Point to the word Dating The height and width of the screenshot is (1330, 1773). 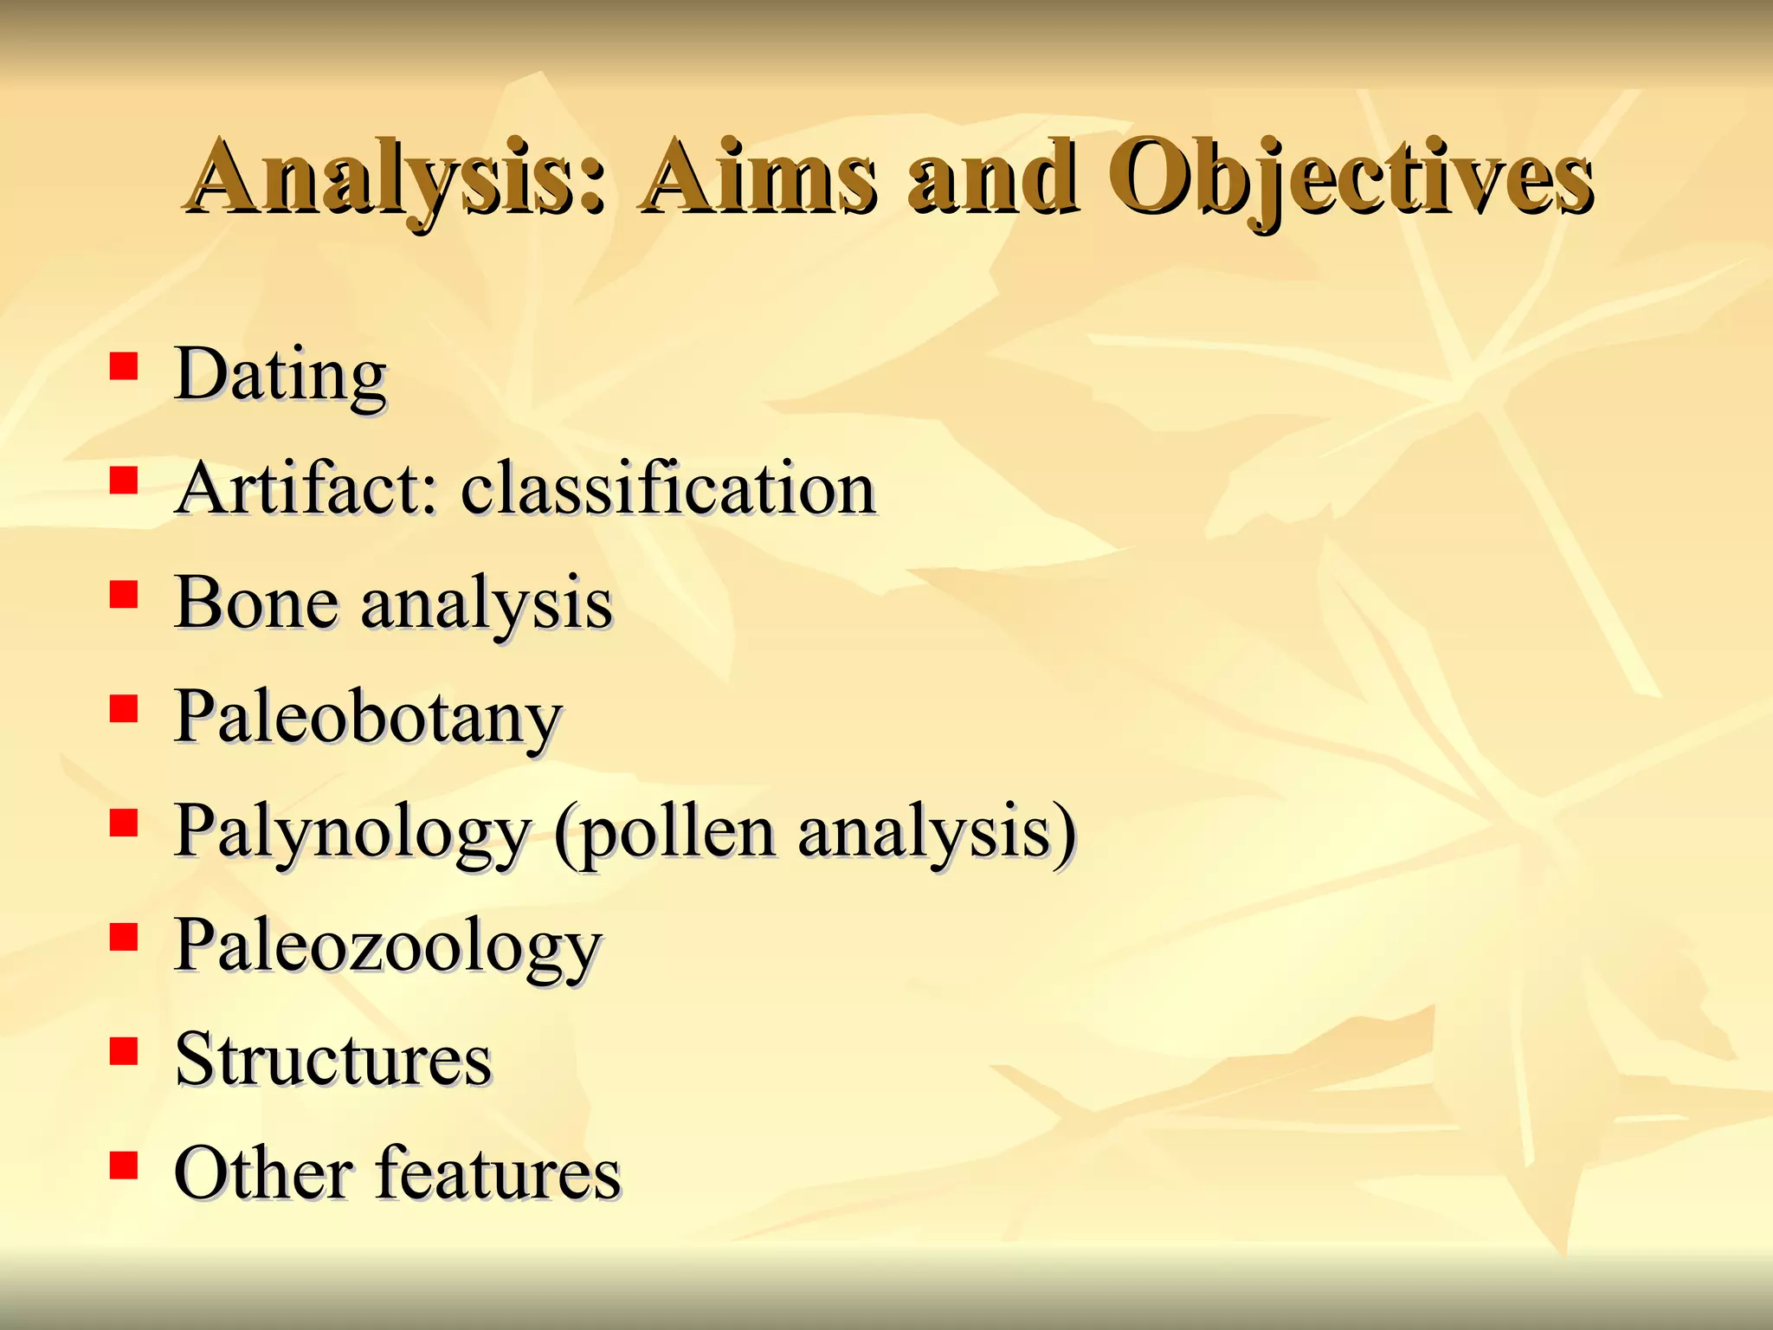click(x=280, y=375)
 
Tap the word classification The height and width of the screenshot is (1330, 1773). click(x=667, y=488)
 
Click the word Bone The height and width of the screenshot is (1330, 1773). click(x=255, y=603)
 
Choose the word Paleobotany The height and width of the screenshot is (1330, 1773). click(x=368, y=719)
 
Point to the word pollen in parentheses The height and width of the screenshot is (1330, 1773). click(x=676, y=833)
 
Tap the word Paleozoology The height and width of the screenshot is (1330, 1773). click(x=387, y=946)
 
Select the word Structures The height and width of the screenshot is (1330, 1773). click(x=332, y=1060)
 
